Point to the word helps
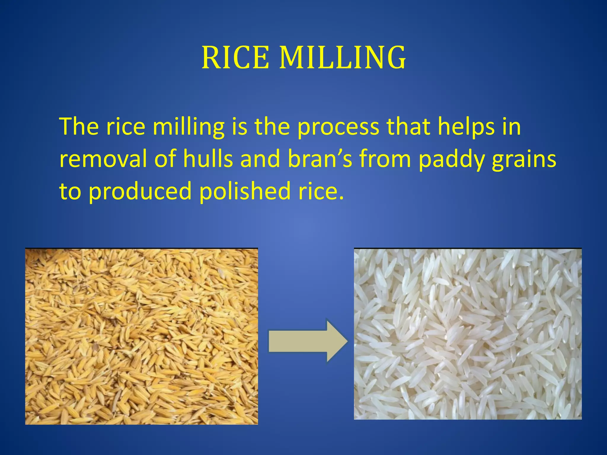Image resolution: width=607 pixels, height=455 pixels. (466, 127)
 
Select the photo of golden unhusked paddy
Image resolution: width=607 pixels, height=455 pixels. (141, 336)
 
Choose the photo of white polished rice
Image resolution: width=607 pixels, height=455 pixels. (468, 334)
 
